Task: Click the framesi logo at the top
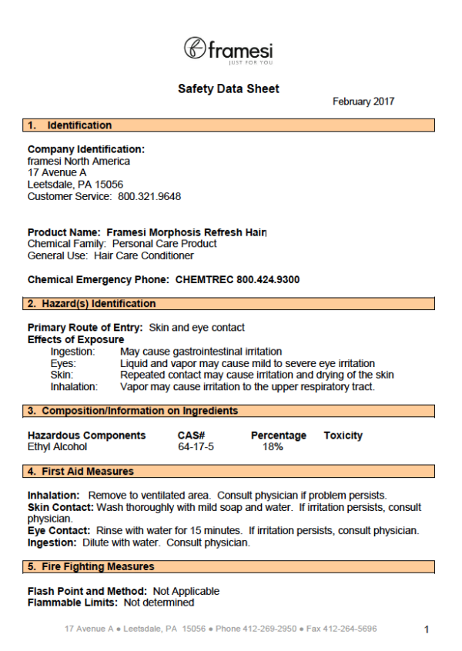(x=229, y=49)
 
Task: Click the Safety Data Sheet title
(x=229, y=89)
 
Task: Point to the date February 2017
(x=363, y=102)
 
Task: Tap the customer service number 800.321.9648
(x=149, y=196)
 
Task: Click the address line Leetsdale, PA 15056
(x=75, y=185)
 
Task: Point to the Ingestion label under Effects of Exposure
(x=73, y=352)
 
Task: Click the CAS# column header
(x=191, y=436)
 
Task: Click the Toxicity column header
(x=343, y=436)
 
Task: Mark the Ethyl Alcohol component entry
(x=58, y=447)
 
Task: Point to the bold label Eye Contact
(x=59, y=531)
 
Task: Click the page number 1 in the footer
(x=427, y=629)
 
